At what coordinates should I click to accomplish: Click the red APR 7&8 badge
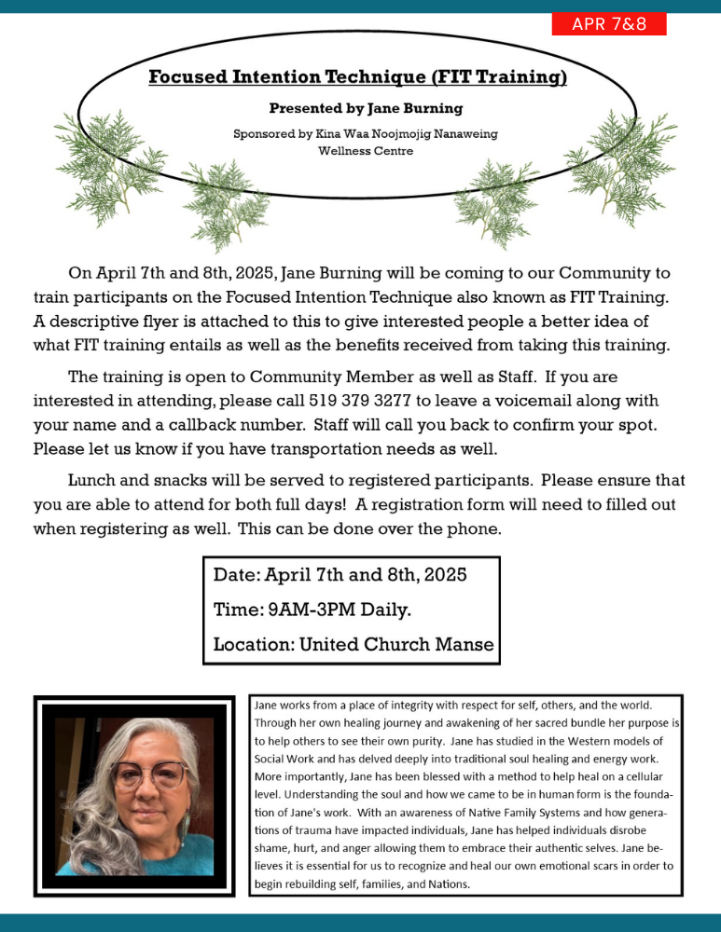click(609, 24)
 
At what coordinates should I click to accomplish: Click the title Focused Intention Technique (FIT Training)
click(358, 77)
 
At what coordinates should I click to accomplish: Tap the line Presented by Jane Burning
click(366, 108)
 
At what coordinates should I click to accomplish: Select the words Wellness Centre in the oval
click(366, 150)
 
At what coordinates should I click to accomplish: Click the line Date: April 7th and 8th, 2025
click(340, 574)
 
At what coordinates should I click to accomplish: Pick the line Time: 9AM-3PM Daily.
click(312, 610)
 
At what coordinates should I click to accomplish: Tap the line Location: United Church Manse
click(354, 644)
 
